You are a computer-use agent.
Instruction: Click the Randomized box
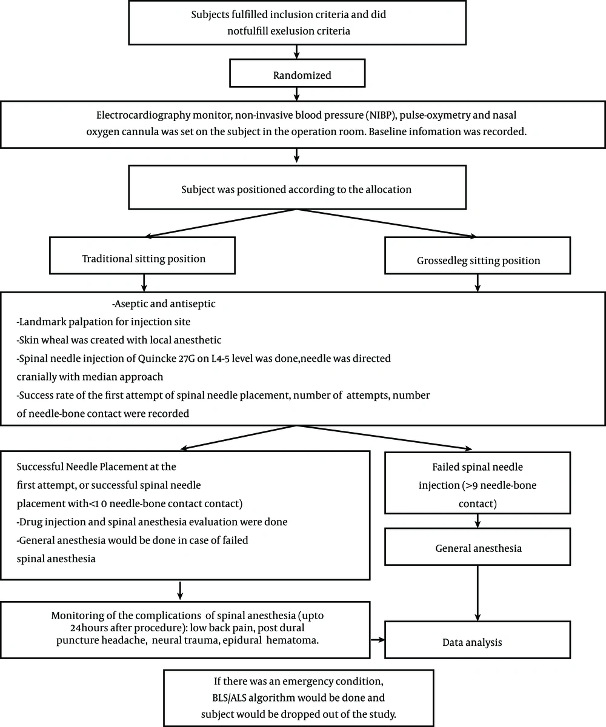pyautogui.click(x=297, y=73)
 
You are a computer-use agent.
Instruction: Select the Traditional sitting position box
pyautogui.click(x=142, y=256)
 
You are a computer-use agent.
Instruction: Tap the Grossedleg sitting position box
pyautogui.click(x=478, y=256)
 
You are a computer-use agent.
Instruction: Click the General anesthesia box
pyautogui.click(x=478, y=546)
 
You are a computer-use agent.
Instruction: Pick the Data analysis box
pyautogui.click(x=478, y=640)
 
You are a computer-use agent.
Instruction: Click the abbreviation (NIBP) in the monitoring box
pyautogui.click(x=381, y=115)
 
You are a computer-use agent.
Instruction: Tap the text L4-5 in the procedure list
pyautogui.click(x=220, y=359)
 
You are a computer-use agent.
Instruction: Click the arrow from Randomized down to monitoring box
pyautogui.click(x=296, y=94)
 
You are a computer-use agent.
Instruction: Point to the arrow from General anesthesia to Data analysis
pyautogui.click(x=478, y=593)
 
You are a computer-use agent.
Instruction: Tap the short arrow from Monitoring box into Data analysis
pyautogui.click(x=377, y=640)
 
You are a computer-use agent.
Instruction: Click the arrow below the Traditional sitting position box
pyautogui.click(x=144, y=283)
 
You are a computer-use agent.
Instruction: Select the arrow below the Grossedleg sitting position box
pyautogui.click(x=478, y=283)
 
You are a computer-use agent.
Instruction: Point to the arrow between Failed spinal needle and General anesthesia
pyautogui.click(x=478, y=521)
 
